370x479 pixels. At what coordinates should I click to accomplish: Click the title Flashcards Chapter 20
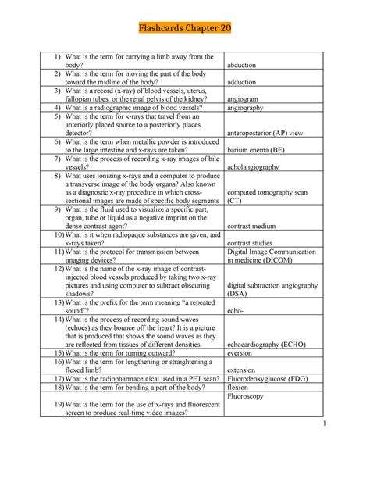185,29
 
